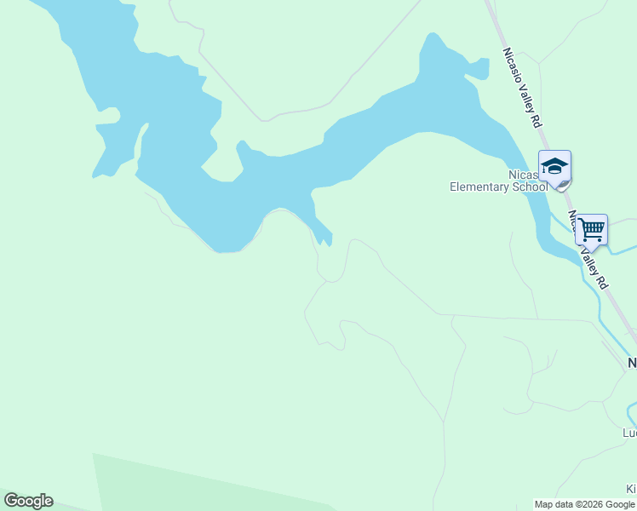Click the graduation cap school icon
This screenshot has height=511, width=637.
click(554, 165)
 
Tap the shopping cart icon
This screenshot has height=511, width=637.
click(591, 229)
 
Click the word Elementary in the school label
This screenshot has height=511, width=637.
click(479, 187)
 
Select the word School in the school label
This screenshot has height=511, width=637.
click(530, 187)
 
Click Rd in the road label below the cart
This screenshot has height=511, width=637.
click(602, 280)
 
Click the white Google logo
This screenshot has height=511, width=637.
click(28, 501)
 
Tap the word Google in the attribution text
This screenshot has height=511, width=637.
click(622, 505)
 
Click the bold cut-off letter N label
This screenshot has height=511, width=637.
click(632, 363)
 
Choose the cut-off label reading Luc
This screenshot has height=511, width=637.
click(629, 433)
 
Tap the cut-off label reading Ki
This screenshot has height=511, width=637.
click(631, 490)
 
